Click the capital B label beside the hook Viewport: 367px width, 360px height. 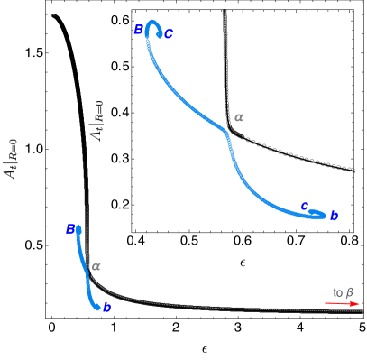tap(138, 30)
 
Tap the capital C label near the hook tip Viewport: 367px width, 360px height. tap(169, 35)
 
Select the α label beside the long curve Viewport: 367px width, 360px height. tap(238, 117)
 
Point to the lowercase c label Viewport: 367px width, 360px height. tap(304, 206)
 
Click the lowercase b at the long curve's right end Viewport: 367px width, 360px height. tap(334, 216)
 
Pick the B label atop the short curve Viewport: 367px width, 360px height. tap(70, 229)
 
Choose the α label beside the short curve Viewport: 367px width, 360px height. tap(96, 266)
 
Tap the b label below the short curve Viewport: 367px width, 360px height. tap(106, 308)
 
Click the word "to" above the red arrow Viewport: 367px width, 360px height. tap(337, 292)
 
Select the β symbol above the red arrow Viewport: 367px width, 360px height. tap(350, 292)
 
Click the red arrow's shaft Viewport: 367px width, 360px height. tap(338, 304)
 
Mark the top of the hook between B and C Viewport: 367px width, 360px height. tap(152, 22)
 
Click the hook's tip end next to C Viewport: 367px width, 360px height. tap(160, 36)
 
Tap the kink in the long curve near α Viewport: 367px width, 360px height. tap(226, 134)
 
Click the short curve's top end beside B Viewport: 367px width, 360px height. tap(78, 228)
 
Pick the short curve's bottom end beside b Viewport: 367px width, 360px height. tap(96, 308)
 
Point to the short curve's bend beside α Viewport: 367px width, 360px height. tap(87, 270)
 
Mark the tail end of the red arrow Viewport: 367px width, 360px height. tap(326, 304)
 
